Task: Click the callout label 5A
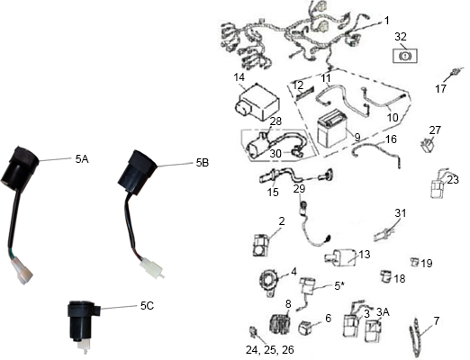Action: click(x=82, y=159)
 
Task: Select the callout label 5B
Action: click(x=203, y=163)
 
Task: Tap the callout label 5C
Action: click(x=147, y=306)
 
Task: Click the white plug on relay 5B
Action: click(x=152, y=267)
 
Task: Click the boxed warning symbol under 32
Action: click(x=405, y=56)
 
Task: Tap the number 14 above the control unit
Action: click(x=240, y=77)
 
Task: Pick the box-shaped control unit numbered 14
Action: click(x=257, y=102)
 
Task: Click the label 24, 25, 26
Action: click(x=270, y=350)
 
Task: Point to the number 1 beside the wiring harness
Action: click(x=387, y=21)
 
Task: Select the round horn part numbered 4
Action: click(x=269, y=282)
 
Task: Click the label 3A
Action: click(x=383, y=312)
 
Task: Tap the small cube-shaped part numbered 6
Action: click(x=306, y=327)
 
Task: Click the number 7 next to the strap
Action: click(x=437, y=321)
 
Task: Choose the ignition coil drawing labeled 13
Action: click(x=340, y=257)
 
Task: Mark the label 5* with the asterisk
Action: click(x=338, y=286)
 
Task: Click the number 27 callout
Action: click(x=435, y=130)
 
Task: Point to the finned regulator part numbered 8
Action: click(x=280, y=324)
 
